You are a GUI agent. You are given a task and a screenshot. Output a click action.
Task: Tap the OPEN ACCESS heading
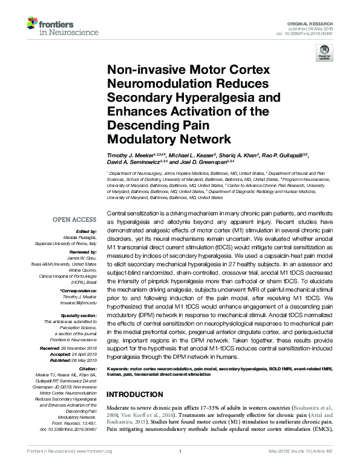75,219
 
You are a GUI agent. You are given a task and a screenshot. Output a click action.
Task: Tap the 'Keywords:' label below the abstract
119,367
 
